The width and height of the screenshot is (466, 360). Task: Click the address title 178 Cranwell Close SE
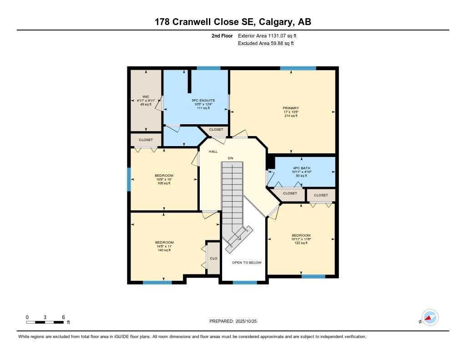233,22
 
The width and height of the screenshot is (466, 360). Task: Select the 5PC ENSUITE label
203,100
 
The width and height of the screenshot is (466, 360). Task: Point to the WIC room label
146,96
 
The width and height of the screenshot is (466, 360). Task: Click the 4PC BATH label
301,168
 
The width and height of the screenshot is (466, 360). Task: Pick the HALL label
213,151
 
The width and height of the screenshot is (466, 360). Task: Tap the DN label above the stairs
231,158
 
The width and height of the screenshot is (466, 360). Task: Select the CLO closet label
213,259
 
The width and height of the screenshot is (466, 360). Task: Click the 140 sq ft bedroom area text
164,250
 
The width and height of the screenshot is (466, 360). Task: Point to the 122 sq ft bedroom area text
301,243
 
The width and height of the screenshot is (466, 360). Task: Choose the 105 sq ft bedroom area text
164,183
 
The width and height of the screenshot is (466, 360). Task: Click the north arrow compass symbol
430,318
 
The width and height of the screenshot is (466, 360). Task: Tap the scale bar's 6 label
63,317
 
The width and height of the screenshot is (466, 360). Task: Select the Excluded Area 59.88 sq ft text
266,43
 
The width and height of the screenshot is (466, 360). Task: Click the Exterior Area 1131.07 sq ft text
268,35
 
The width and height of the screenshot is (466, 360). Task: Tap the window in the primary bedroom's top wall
298,68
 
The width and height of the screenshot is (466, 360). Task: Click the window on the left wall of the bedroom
129,179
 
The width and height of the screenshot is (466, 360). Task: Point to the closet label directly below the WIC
146,140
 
